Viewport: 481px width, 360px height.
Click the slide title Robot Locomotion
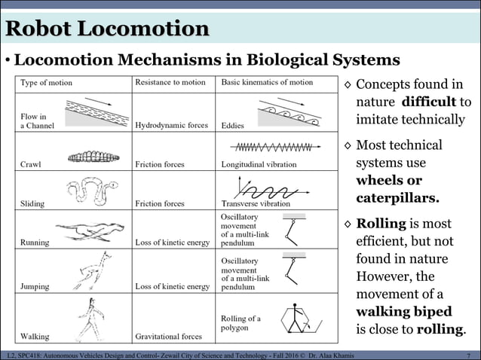coord(107,29)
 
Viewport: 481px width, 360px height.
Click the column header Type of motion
coord(47,83)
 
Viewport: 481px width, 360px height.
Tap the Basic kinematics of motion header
coord(267,82)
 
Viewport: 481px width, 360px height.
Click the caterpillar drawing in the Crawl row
coord(93,157)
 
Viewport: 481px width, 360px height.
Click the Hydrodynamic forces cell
coord(171,126)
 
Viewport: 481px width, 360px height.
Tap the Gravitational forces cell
coord(168,337)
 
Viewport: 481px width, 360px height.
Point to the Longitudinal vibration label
coord(259,164)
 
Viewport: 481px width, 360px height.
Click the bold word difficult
coord(428,102)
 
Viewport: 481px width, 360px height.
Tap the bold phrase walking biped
coord(403,311)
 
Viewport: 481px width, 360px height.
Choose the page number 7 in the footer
coord(469,355)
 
